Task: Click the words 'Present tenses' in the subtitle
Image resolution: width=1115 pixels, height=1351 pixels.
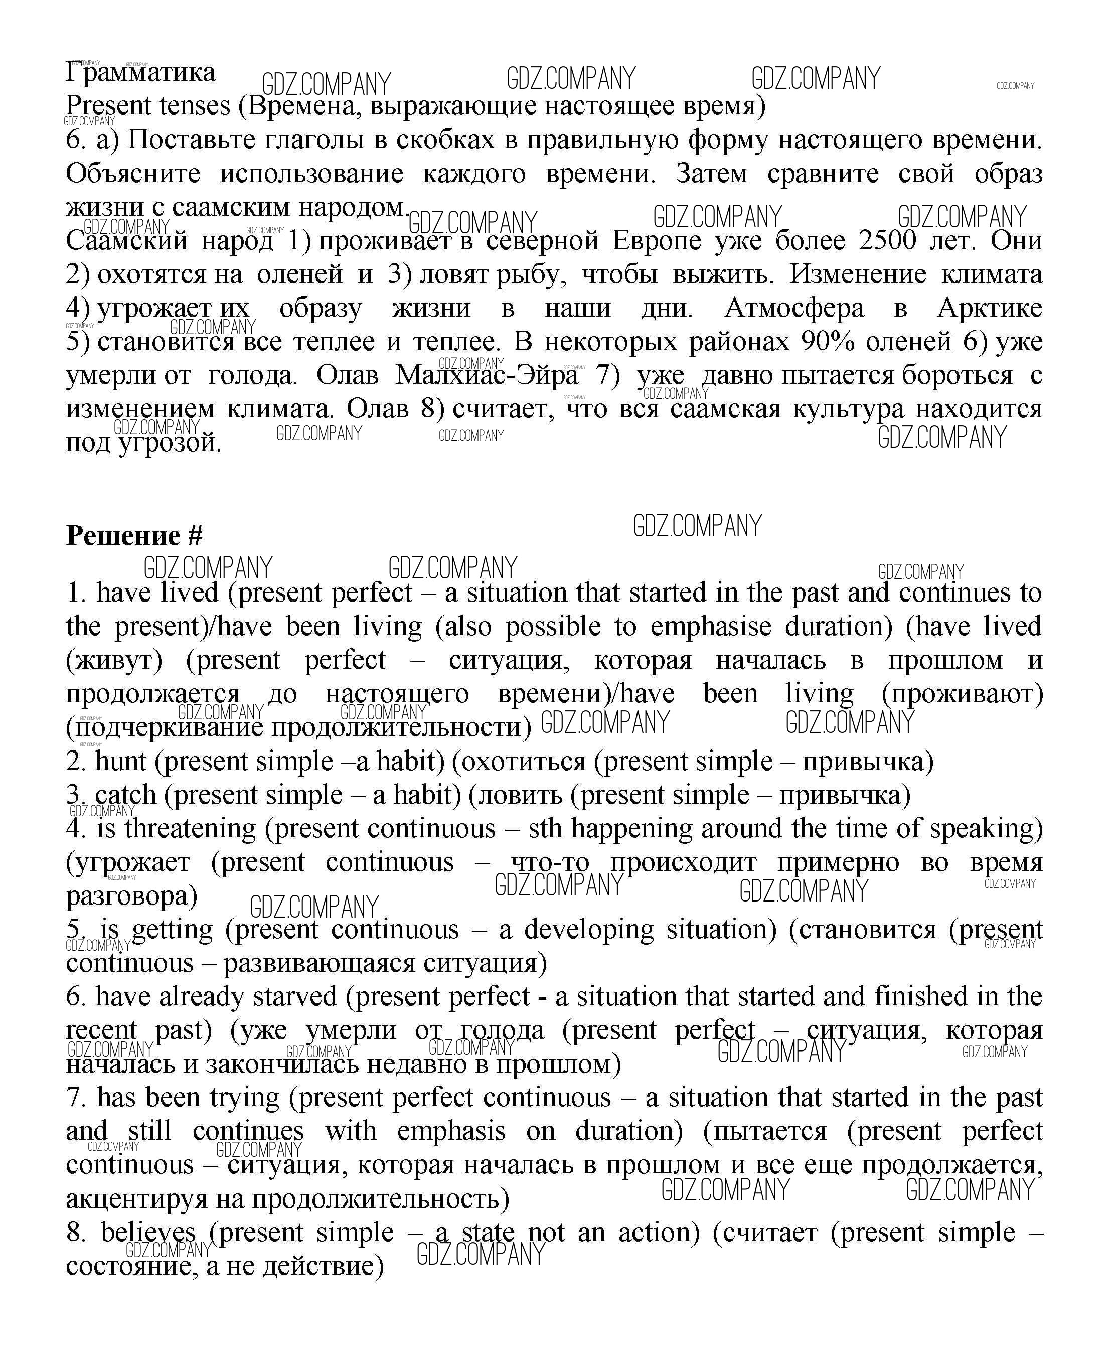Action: (148, 106)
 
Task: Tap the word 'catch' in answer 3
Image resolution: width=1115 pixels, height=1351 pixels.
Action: (125, 795)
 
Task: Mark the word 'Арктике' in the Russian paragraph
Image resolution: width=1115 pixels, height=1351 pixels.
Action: (989, 309)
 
